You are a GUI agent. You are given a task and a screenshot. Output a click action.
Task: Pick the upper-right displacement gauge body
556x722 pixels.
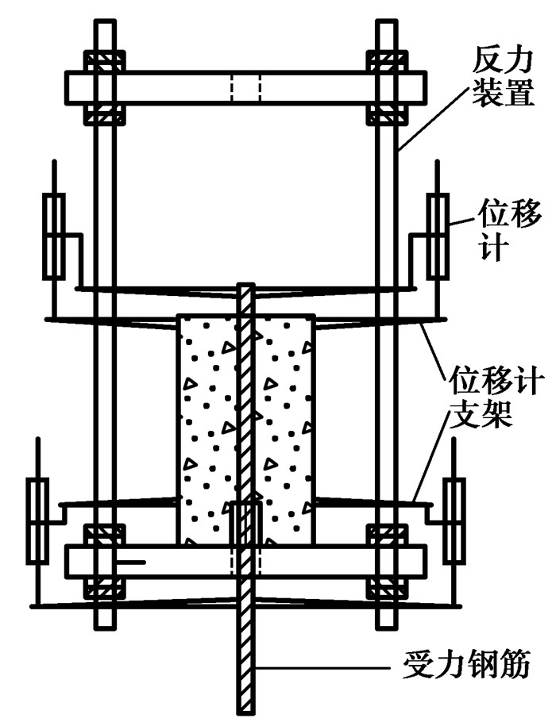click(438, 236)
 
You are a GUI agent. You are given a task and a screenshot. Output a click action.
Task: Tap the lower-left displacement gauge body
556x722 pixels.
click(37, 520)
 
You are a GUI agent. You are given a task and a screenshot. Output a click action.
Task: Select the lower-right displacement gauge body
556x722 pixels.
click(454, 520)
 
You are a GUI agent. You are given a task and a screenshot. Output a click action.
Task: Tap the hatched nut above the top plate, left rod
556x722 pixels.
click(104, 61)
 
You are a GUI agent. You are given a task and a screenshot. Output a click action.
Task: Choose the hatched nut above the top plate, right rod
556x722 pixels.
click(387, 61)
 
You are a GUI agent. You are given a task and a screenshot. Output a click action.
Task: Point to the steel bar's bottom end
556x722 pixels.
click(247, 709)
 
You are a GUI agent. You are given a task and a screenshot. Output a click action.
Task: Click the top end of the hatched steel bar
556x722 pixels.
click(247, 287)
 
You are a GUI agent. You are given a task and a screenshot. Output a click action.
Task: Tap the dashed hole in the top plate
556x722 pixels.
click(245, 86)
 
